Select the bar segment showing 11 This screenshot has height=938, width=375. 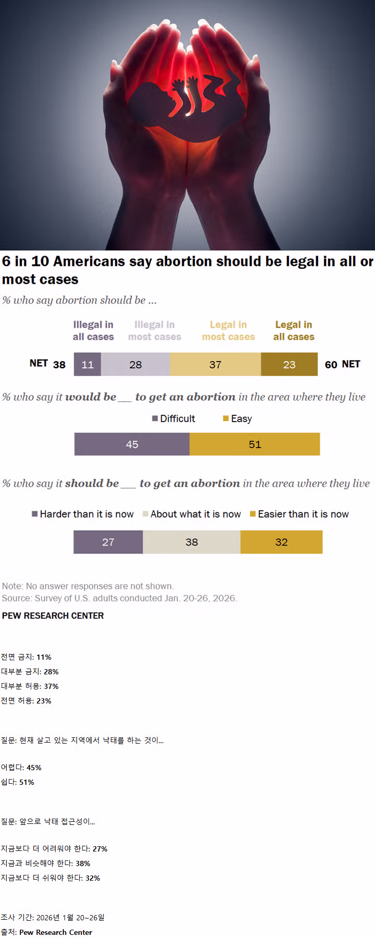(x=87, y=364)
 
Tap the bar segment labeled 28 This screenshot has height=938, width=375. (x=135, y=364)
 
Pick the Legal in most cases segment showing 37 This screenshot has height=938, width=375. (x=215, y=364)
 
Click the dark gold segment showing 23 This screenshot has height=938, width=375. (x=289, y=364)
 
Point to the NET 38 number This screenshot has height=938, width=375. (x=59, y=365)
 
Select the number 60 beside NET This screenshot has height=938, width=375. (x=331, y=365)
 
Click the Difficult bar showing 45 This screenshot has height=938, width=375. (x=132, y=445)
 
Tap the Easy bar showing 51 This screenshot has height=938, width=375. (x=255, y=445)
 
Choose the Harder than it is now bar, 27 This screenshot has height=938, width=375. (x=108, y=542)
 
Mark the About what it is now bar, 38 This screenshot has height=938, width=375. (x=192, y=542)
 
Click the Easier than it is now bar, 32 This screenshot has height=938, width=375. (x=281, y=542)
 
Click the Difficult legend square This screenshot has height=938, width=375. (x=155, y=418)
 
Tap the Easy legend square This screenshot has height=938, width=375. (x=226, y=418)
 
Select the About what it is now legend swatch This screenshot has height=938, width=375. (x=146, y=514)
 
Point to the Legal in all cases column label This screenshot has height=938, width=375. (x=294, y=331)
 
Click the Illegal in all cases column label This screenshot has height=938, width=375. (x=93, y=331)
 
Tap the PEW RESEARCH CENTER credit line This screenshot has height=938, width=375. (x=53, y=615)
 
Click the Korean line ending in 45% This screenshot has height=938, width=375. (x=21, y=768)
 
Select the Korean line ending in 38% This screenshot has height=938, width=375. (x=45, y=863)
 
